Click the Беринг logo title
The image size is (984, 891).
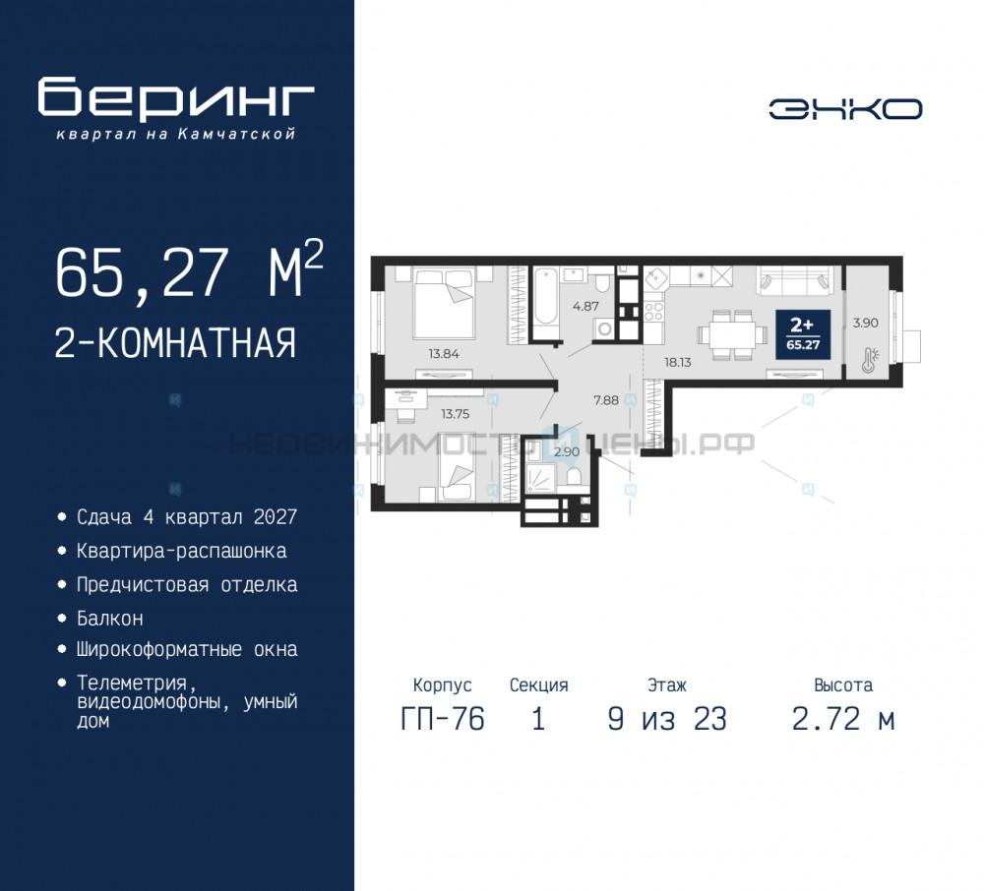pyautogui.click(x=176, y=97)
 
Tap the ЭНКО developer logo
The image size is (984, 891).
pyautogui.click(x=845, y=108)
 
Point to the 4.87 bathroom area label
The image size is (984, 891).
pyautogui.click(x=586, y=306)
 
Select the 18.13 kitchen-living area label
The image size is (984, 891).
pyautogui.click(x=677, y=362)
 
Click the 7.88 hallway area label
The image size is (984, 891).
pyautogui.click(x=606, y=399)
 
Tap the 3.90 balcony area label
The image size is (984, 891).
pyautogui.click(x=865, y=322)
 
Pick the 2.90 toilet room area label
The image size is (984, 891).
pyautogui.click(x=566, y=452)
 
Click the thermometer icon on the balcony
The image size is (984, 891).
pyautogui.click(x=868, y=360)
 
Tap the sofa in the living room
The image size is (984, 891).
pyautogui.click(x=793, y=281)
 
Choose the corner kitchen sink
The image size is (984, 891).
pyautogui.click(x=656, y=277)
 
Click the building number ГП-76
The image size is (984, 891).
pyautogui.click(x=443, y=719)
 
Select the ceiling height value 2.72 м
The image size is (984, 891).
pyautogui.click(x=843, y=719)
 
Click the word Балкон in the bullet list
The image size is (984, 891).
pyautogui.click(x=110, y=619)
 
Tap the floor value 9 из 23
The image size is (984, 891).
pyautogui.click(x=667, y=719)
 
